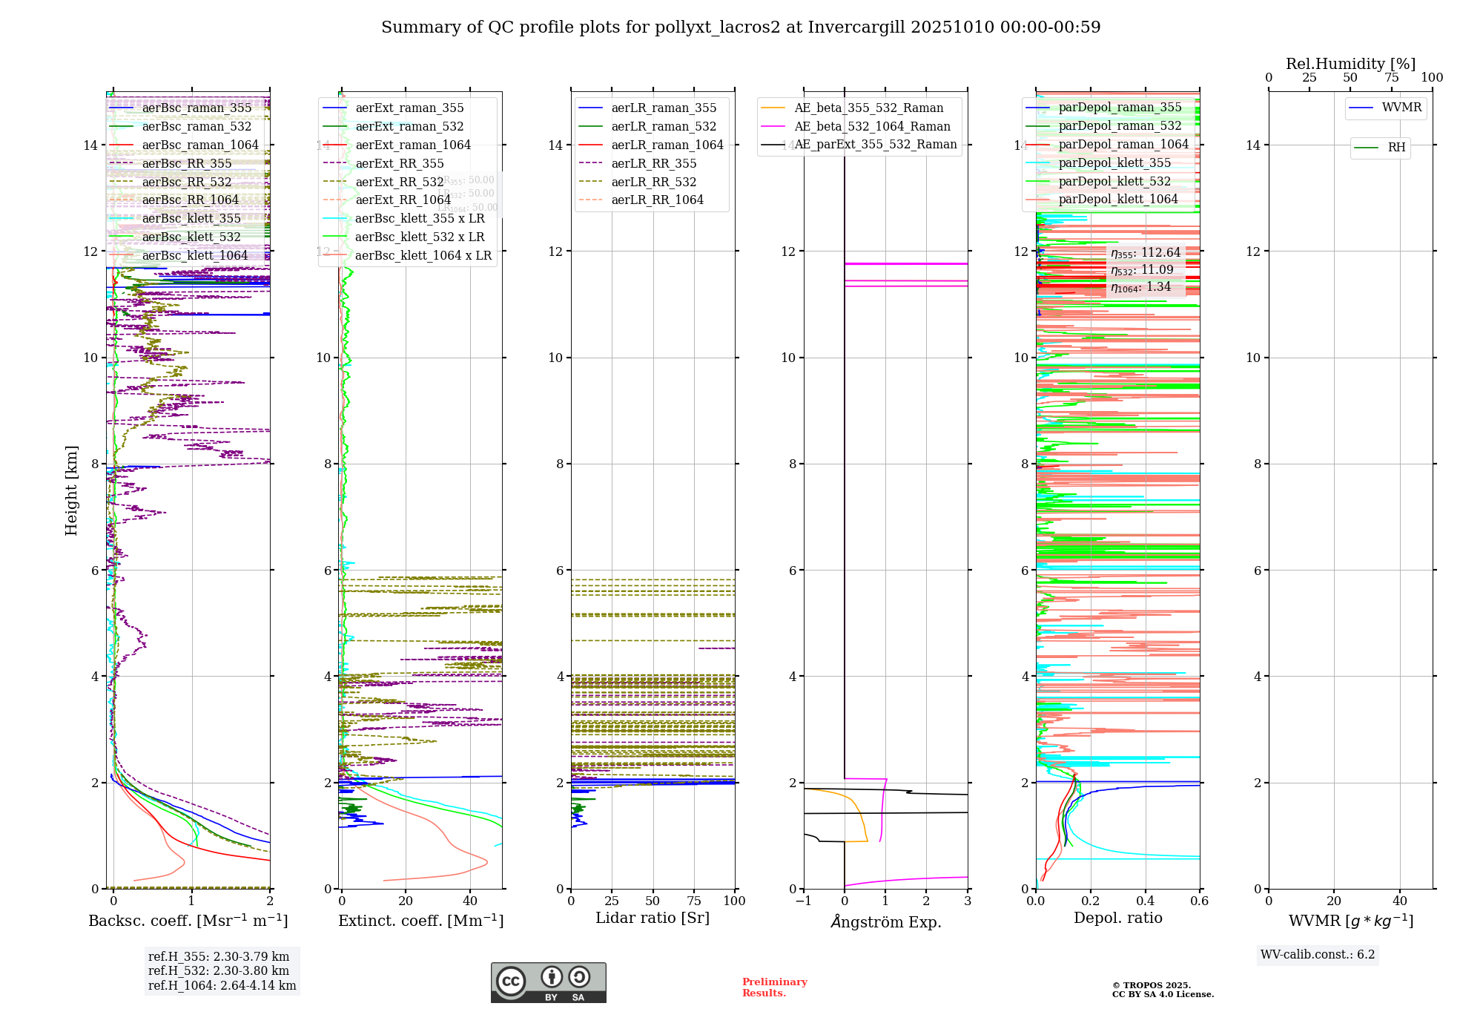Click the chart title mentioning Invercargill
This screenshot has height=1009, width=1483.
tap(741, 27)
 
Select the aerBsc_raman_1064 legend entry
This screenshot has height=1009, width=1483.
tap(200, 145)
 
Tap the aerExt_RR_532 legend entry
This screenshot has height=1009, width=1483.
tap(399, 183)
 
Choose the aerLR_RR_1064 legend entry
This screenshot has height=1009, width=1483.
tap(657, 200)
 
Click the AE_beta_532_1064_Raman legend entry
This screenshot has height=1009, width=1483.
tap(872, 127)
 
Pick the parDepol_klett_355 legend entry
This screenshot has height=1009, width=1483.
tap(1114, 163)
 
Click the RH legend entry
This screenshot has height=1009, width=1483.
tap(1396, 148)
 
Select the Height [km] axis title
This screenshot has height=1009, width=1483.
tap(71, 490)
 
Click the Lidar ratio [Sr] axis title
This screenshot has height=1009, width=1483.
tap(653, 918)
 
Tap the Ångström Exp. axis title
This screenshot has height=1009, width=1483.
tap(886, 922)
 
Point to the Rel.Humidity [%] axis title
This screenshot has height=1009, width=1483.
tap(1350, 64)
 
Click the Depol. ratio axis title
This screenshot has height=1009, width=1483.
tap(1117, 918)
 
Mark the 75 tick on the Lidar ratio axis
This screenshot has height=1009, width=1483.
tap(694, 901)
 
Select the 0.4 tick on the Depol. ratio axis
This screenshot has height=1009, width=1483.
tap(1145, 901)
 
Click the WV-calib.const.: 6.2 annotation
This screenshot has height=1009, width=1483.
tap(1318, 955)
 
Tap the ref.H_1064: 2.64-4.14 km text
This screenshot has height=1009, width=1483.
tap(222, 986)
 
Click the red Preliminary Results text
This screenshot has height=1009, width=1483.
tap(774, 987)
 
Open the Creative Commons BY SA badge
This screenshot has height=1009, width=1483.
tap(548, 983)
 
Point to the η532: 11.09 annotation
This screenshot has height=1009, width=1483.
tap(1142, 271)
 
